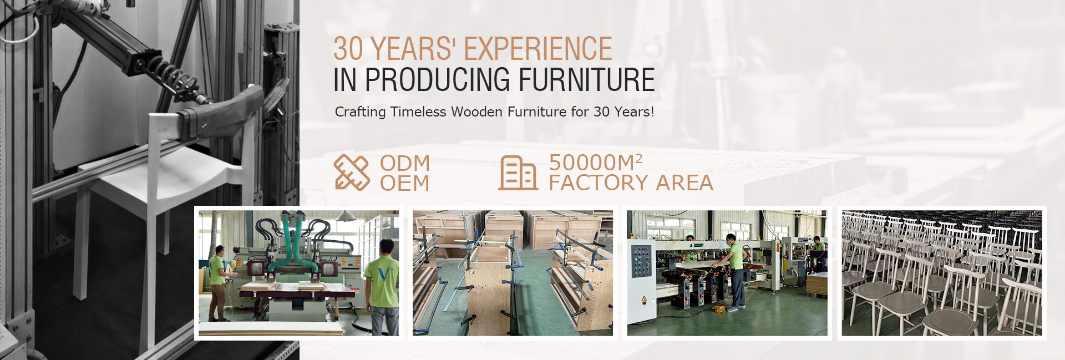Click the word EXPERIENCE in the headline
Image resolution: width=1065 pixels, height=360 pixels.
click(x=538, y=49)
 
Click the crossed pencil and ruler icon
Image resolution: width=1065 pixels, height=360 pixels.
click(x=352, y=173)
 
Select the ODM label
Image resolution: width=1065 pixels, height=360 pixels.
click(x=405, y=163)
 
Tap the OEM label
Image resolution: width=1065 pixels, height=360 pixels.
click(x=405, y=183)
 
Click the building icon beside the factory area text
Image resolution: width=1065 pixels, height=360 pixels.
click(x=518, y=173)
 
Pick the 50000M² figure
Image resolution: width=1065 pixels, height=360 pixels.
click(x=596, y=163)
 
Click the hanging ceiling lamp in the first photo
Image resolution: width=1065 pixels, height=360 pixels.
click(x=346, y=215)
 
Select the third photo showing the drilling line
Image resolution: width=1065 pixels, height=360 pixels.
click(x=727, y=273)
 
